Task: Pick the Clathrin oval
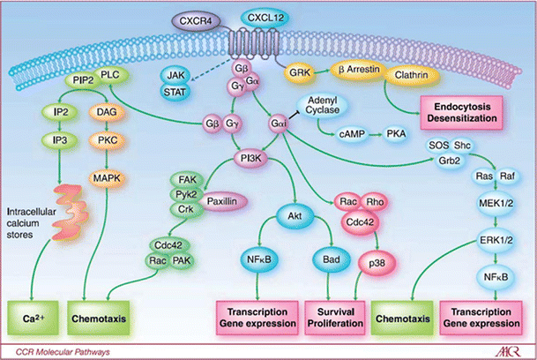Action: point(407,77)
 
